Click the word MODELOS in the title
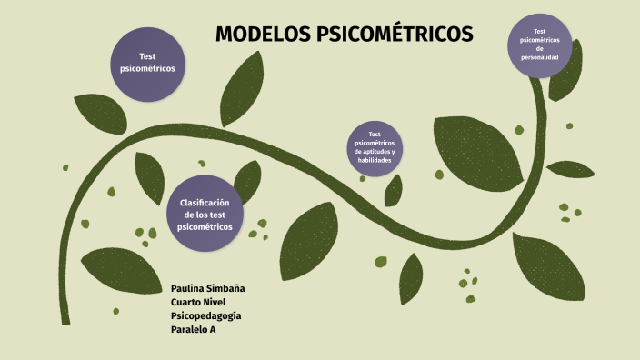click(x=262, y=35)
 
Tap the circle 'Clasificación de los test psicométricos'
click(x=205, y=214)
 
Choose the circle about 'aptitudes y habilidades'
click(x=375, y=146)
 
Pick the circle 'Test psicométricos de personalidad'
click(x=540, y=45)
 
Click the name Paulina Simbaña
click(x=208, y=288)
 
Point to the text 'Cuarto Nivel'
click(x=197, y=302)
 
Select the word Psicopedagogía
click(x=205, y=315)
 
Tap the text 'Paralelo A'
click(x=193, y=329)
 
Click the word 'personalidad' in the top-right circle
click(x=540, y=58)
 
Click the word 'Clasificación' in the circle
click(x=205, y=202)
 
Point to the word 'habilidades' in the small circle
click(x=375, y=159)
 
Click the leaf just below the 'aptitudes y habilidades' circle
click(x=393, y=189)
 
